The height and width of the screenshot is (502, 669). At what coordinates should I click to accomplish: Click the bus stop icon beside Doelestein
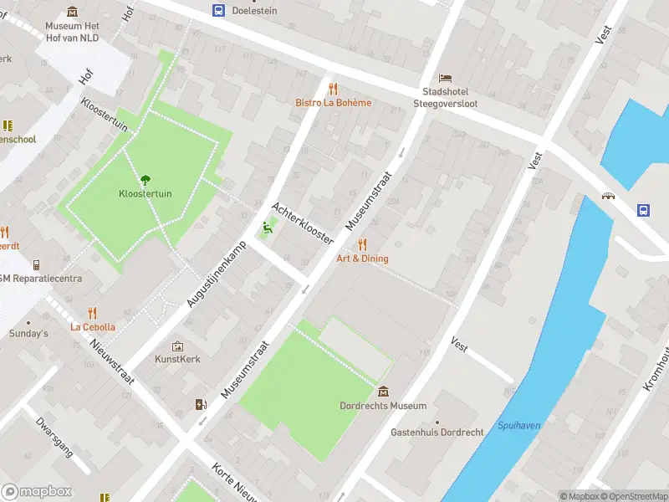(218, 10)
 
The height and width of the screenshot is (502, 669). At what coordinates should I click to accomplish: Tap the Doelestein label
(255, 10)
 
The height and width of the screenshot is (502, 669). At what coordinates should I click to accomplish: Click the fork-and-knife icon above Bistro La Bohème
(333, 89)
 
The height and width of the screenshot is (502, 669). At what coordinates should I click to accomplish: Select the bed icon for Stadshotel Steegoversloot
(445, 78)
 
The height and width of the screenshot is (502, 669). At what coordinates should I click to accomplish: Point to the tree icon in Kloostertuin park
(145, 179)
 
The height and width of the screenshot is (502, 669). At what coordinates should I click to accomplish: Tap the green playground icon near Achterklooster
(267, 226)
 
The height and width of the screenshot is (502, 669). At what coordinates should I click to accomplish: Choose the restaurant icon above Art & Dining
(362, 244)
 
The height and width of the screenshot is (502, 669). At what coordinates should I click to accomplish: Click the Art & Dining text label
(362, 259)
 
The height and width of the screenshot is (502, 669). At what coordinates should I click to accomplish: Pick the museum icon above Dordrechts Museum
(383, 392)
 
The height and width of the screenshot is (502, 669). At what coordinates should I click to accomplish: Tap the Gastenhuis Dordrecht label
(437, 433)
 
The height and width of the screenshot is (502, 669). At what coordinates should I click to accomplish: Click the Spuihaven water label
(518, 425)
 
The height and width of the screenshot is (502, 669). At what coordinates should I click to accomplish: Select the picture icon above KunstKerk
(177, 346)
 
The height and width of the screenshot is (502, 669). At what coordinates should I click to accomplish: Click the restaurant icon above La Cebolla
(92, 313)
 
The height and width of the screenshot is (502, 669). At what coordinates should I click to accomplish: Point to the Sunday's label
(28, 334)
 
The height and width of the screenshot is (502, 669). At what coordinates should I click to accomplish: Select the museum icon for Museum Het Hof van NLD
(72, 11)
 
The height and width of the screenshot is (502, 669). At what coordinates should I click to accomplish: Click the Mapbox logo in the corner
(37, 492)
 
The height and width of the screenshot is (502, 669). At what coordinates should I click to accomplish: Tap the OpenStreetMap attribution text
(633, 496)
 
